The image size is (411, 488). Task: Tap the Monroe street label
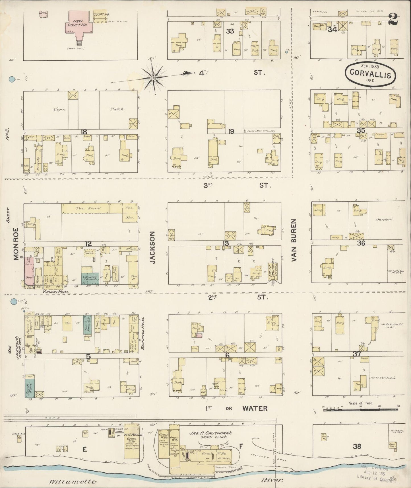coord(16,243)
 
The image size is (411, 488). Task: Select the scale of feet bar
coord(361,410)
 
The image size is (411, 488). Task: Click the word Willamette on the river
coord(73,481)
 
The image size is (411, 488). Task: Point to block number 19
coord(231,131)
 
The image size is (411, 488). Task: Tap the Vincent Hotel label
coord(56,292)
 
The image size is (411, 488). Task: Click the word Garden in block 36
coord(384,220)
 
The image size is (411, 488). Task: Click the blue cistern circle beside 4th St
coord(12,80)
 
